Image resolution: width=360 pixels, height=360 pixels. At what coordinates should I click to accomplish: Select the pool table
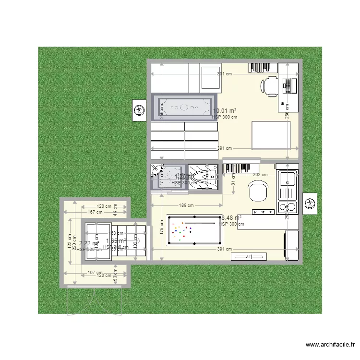point(194,231)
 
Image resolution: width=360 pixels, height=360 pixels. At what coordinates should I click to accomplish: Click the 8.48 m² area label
point(231,217)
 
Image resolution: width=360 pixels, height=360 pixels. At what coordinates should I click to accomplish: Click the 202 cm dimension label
point(260,175)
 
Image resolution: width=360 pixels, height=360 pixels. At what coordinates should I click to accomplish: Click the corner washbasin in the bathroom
point(157,169)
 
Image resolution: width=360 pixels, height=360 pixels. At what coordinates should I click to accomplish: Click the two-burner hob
point(288,207)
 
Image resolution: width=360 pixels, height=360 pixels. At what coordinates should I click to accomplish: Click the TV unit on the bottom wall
point(249,257)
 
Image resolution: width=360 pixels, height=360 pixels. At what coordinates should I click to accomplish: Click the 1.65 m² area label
point(116,241)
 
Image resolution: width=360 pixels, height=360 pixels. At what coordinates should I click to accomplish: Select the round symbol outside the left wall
point(139,110)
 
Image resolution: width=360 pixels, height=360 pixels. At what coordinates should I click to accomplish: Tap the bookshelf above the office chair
point(263,68)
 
